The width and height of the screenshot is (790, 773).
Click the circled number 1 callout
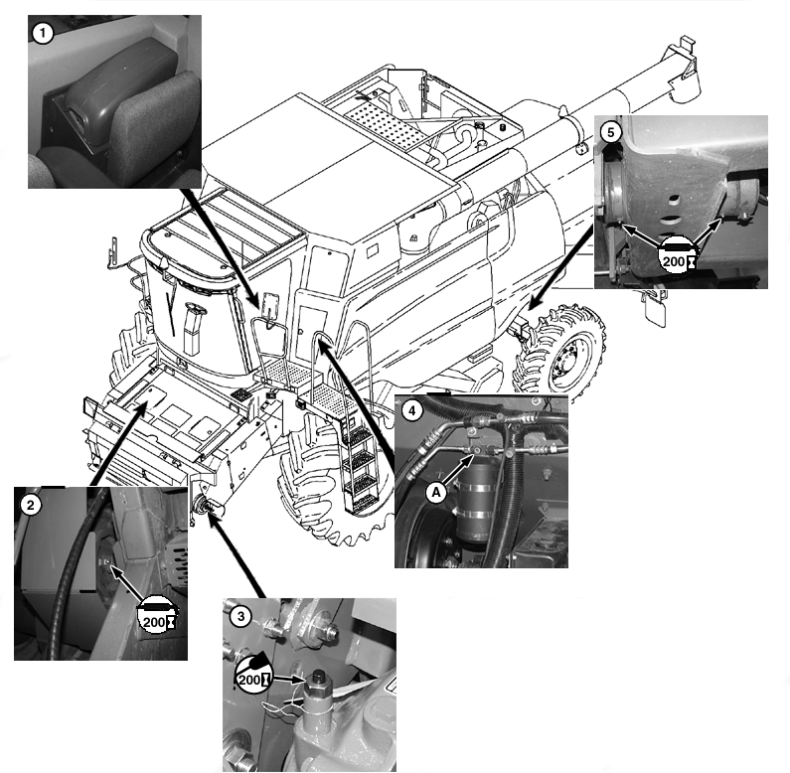pos(43,34)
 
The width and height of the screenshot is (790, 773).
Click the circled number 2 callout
pos(31,505)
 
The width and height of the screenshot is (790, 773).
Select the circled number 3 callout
pos(240,616)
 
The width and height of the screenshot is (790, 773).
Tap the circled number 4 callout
pos(411,410)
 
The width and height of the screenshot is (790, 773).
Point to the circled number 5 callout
pos(611,133)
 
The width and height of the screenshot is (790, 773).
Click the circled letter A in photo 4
pos(437,493)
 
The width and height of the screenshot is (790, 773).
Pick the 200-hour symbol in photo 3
pos(253,673)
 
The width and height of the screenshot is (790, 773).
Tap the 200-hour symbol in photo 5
pos(679,254)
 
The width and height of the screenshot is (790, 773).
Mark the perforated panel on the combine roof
pos(384,123)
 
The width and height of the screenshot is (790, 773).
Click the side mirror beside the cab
pos(269,305)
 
